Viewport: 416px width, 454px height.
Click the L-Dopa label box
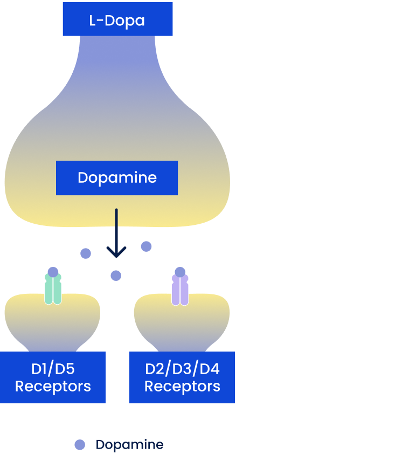pyautogui.click(x=117, y=19)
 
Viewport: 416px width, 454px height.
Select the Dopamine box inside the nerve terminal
pyautogui.click(x=117, y=177)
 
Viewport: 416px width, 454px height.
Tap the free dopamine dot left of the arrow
pyautogui.click(x=86, y=253)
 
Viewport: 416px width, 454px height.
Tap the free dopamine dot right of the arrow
pyautogui.click(x=146, y=246)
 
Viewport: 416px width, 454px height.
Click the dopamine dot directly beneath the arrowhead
pyautogui.click(x=116, y=276)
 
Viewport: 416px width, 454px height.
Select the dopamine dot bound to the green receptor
pyautogui.click(x=53, y=272)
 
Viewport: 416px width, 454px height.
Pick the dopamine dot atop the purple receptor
pyautogui.click(x=180, y=272)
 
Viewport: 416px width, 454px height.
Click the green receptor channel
pyautogui.click(x=53, y=291)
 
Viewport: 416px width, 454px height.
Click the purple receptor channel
pyautogui.click(x=180, y=291)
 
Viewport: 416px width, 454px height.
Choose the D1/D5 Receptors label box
pyautogui.click(x=53, y=377)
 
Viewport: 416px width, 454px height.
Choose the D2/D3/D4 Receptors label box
pyautogui.click(x=182, y=377)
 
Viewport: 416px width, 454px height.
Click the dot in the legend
pyautogui.click(x=80, y=445)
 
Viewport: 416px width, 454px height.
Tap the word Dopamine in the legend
pyautogui.click(x=129, y=445)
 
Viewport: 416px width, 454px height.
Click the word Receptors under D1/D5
pyautogui.click(x=53, y=387)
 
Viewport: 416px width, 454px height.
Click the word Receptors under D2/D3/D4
pyautogui.click(x=182, y=387)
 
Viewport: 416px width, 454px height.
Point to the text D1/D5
pyautogui.click(x=53, y=369)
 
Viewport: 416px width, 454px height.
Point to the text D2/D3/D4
pyautogui.click(x=182, y=369)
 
